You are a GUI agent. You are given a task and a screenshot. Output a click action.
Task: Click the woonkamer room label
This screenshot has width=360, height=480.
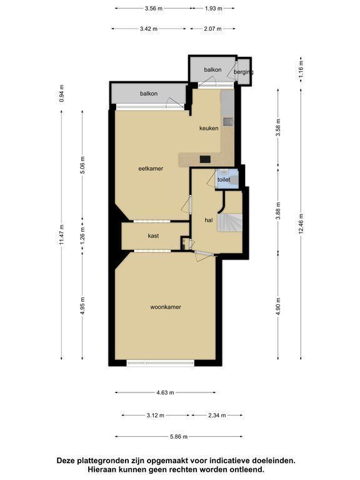[x=165, y=307]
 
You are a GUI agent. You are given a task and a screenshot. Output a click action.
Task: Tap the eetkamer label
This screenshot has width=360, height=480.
[x=151, y=168]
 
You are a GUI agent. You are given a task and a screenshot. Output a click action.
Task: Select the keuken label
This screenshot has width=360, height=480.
[x=209, y=128]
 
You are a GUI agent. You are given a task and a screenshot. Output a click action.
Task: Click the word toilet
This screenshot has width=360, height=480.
[x=224, y=180]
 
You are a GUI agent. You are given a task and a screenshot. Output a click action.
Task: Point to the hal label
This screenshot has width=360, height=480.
[x=209, y=220]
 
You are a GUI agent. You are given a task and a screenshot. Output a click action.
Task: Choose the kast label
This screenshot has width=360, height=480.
[x=153, y=236]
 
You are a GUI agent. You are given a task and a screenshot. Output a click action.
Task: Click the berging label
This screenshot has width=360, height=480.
[x=243, y=72]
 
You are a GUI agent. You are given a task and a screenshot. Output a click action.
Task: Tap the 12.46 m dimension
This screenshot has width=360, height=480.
[x=301, y=224]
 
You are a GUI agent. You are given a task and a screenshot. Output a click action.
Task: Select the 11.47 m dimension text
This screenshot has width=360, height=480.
[x=62, y=235]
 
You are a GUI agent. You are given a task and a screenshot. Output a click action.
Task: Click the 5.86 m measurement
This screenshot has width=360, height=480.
[x=179, y=437]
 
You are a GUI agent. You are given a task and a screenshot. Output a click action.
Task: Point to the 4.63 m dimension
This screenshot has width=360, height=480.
[x=165, y=392]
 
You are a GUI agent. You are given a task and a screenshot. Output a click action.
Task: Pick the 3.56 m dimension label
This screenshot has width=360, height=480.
[x=154, y=9]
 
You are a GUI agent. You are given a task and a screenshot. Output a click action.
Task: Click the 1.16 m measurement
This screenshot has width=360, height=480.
[x=301, y=69]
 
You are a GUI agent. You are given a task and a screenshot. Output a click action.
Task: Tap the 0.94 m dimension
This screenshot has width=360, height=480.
[x=62, y=93]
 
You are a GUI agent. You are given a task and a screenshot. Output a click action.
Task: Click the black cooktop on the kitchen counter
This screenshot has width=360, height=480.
[x=205, y=159]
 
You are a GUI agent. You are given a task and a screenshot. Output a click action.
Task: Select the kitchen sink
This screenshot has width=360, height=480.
[x=227, y=122]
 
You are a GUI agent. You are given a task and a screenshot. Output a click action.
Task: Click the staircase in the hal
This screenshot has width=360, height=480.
[x=230, y=222]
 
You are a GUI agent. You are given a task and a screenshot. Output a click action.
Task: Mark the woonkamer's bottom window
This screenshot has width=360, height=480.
[x=161, y=363]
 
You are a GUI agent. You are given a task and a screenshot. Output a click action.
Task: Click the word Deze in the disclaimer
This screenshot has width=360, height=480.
[x=66, y=461]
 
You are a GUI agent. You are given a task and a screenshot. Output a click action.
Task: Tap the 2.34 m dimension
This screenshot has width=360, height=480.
[x=217, y=416]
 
